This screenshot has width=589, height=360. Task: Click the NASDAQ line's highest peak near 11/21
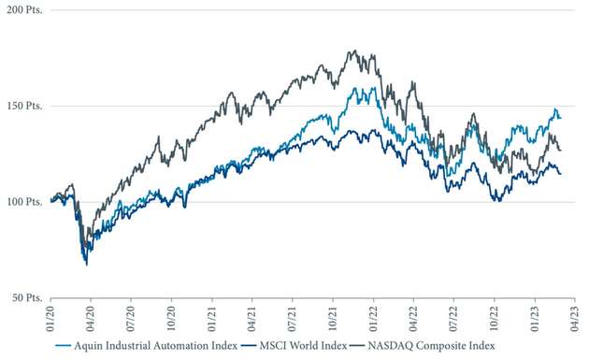[x=352, y=51]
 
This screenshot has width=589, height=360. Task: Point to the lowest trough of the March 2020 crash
[x=87, y=265]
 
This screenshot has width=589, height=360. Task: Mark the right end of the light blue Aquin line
[x=561, y=118]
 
